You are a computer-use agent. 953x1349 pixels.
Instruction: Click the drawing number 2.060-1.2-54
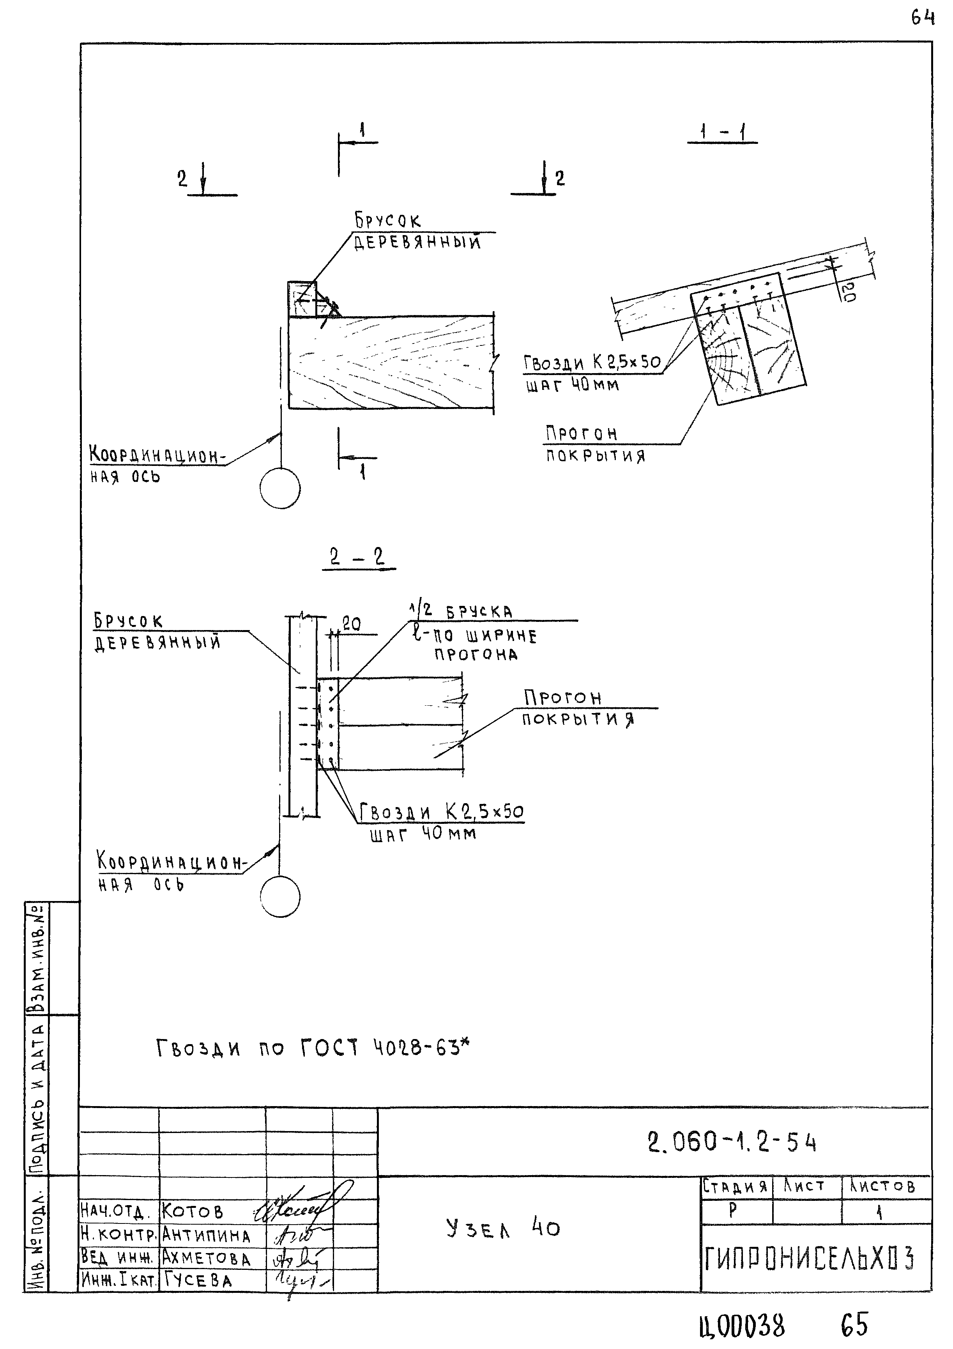pyautogui.click(x=732, y=1143)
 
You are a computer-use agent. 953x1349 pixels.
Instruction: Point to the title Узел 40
pyautogui.click(x=503, y=1229)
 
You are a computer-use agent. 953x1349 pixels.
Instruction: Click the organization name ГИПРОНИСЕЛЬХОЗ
pyautogui.click(x=809, y=1259)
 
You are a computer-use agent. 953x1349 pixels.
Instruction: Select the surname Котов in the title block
pyautogui.click(x=193, y=1212)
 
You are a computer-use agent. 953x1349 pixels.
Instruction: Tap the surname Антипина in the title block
pyautogui.click(x=206, y=1236)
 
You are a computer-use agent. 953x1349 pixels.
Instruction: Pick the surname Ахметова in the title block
pyautogui.click(x=206, y=1259)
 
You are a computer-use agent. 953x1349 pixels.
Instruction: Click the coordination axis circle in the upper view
pyautogui.click(x=280, y=488)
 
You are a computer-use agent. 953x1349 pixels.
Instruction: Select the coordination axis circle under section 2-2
pyautogui.click(x=280, y=897)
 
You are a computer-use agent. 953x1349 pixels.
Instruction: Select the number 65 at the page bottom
pyautogui.click(x=854, y=1325)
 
